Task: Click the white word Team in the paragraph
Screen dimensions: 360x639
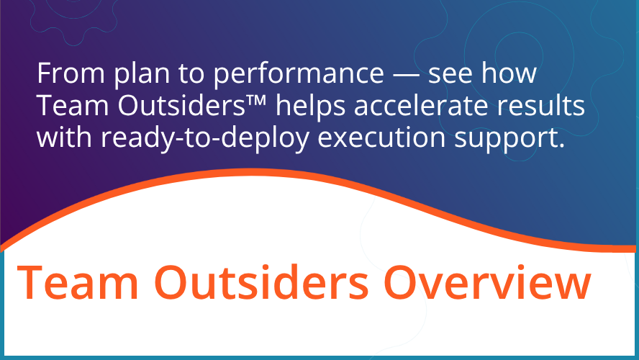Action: [x=65, y=106]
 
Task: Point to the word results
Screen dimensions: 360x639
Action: [x=541, y=106]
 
